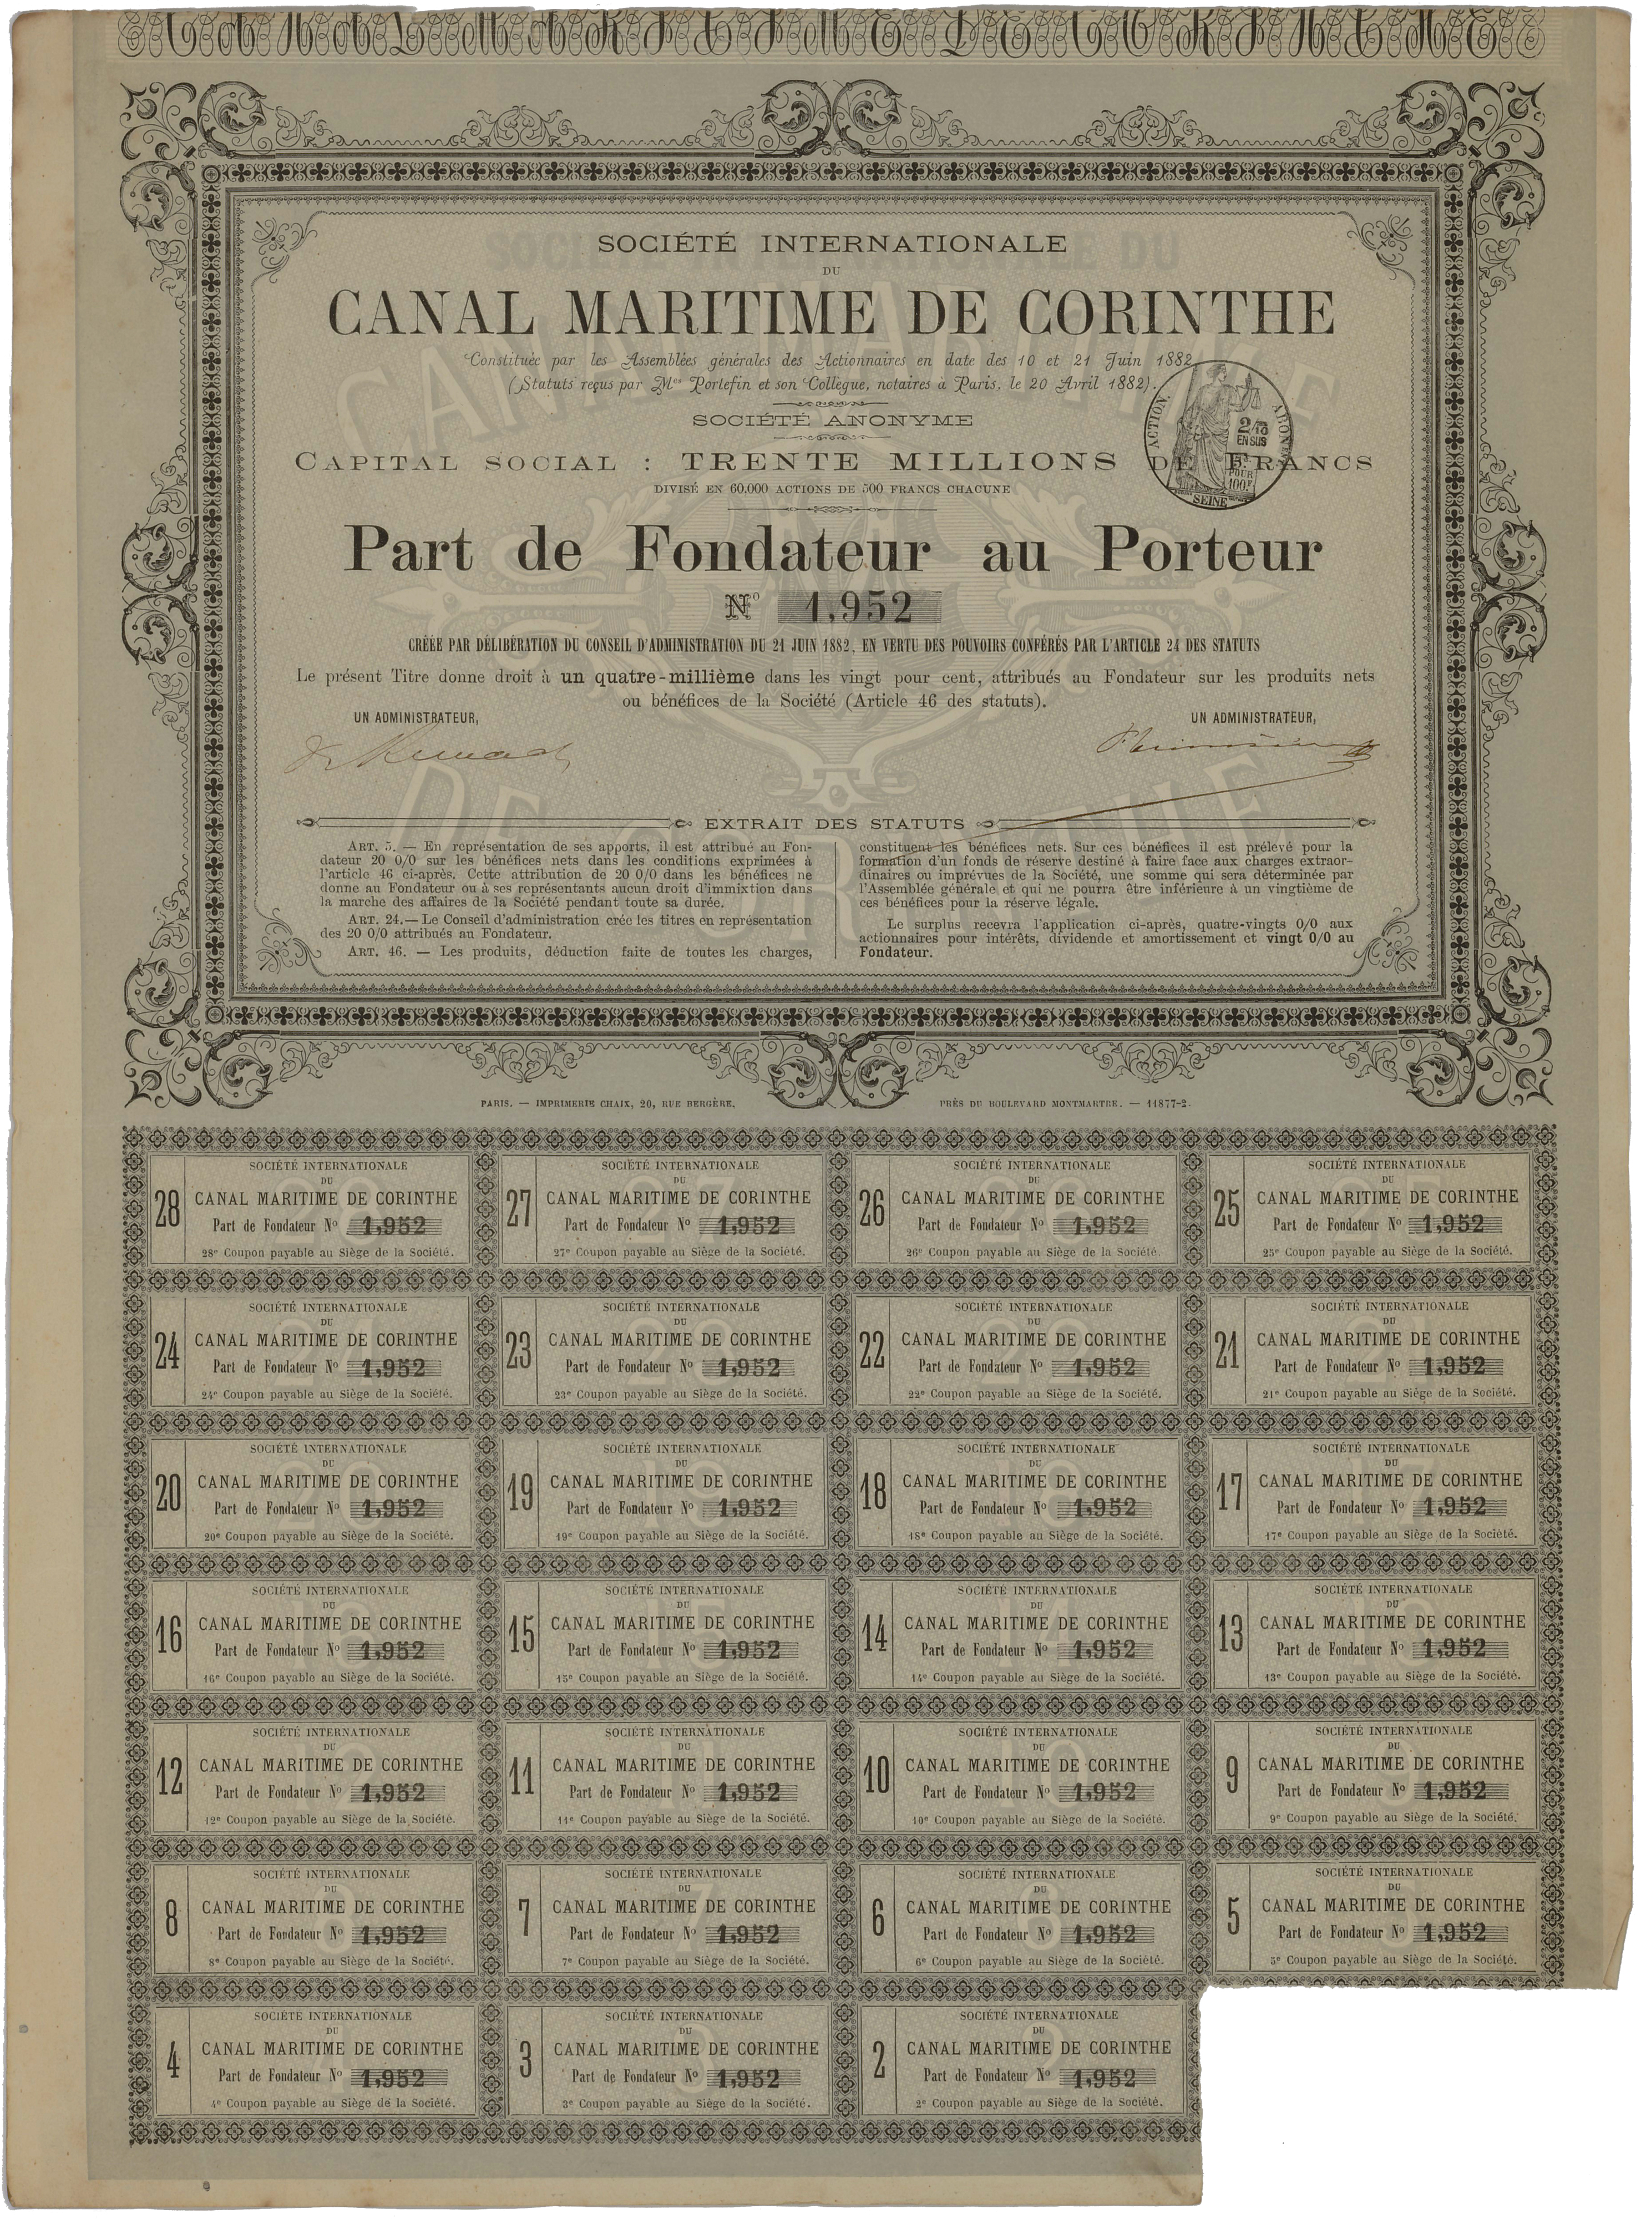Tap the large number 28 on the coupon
[x=168, y=1213]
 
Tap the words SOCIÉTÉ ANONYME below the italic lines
[x=832, y=420]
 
